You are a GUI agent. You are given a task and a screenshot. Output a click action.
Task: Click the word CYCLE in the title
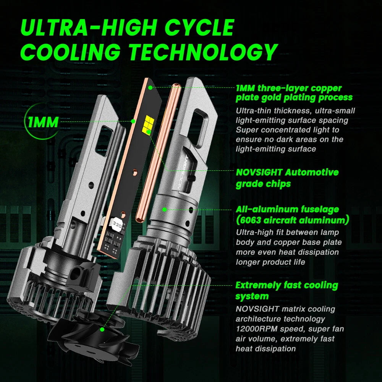pyautogui.click(x=199, y=27)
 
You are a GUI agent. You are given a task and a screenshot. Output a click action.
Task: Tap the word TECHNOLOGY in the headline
pyautogui.click(x=203, y=52)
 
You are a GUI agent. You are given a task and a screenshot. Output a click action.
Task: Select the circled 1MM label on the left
pyautogui.click(x=43, y=122)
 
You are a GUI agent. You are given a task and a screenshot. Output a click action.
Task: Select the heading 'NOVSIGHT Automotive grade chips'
pyautogui.click(x=287, y=178)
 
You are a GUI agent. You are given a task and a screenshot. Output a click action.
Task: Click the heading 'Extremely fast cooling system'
pyautogui.click(x=287, y=291)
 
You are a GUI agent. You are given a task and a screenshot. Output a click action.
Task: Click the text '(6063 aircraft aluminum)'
pyautogui.click(x=292, y=220)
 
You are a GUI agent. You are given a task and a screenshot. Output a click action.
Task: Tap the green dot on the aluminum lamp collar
pyautogui.click(x=164, y=209)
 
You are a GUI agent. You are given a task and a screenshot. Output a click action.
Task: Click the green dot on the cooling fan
pyautogui.click(x=102, y=329)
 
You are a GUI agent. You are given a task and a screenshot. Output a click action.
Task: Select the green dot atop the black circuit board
pyautogui.click(x=151, y=87)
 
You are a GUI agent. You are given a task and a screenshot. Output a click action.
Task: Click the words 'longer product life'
pyautogui.click(x=270, y=262)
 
